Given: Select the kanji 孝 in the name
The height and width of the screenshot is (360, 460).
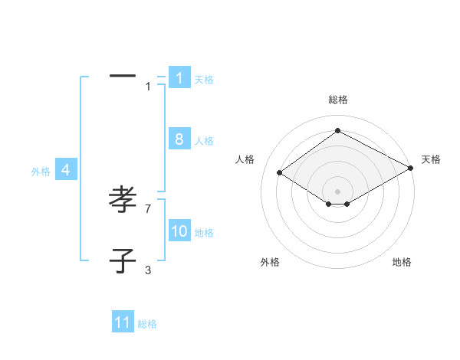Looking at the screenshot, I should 123,201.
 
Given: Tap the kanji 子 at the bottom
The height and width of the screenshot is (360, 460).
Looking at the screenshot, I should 123,260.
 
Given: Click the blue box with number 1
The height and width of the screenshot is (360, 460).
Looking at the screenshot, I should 179,78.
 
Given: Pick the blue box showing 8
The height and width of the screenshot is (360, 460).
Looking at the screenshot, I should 179,139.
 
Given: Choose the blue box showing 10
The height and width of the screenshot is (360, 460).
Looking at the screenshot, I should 179,231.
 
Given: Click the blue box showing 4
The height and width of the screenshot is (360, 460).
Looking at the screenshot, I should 66,171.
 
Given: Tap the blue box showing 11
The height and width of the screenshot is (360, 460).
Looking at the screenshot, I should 123,322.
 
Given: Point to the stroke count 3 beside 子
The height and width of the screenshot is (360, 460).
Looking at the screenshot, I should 148,270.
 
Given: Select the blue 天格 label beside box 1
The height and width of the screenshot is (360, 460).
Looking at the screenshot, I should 204,79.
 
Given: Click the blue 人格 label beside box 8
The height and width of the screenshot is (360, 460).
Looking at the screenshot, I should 204,140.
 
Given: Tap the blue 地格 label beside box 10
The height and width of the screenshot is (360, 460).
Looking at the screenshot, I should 204,232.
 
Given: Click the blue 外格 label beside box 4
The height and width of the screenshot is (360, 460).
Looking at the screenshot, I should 41,172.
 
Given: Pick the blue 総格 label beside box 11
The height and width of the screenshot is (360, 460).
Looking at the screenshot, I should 147,324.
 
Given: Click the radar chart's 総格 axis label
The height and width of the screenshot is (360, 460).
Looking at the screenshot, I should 337,100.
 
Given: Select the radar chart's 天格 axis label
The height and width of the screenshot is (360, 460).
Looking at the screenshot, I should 431,159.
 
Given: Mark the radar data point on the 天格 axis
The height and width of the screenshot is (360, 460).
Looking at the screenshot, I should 412,168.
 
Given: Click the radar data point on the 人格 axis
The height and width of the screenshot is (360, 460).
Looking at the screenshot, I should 280,173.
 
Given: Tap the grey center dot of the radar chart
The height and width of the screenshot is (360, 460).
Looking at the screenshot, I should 337,191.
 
